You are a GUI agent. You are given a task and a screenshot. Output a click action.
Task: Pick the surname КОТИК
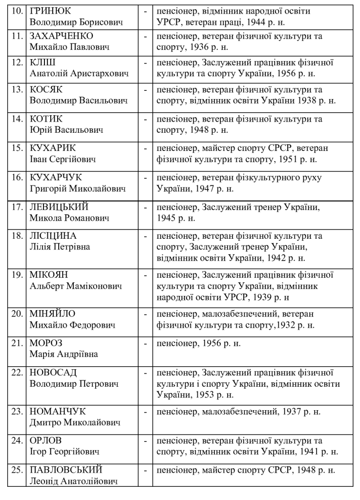tap(46, 119)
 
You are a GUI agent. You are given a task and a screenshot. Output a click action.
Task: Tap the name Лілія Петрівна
tap(60, 247)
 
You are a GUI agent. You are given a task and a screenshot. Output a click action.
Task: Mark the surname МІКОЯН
tap(48, 275)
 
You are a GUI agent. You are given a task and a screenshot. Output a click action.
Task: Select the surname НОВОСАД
tap(54, 374)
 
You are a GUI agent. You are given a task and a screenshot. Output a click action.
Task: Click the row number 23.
tap(17, 412)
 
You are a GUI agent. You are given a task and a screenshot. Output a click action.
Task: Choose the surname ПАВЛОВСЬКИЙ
tap(66, 470)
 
